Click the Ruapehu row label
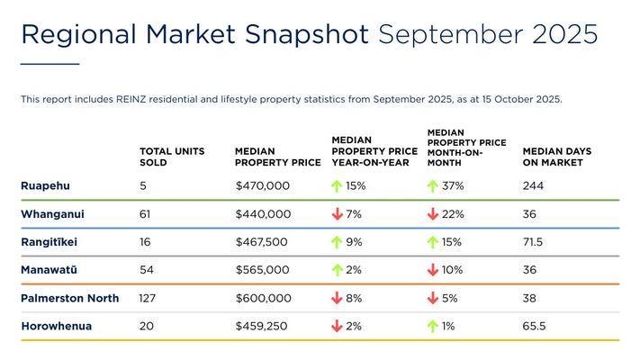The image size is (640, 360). coord(45,185)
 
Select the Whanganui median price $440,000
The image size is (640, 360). coord(262,214)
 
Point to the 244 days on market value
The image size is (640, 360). coord(534,186)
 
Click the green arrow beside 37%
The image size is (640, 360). coord(433,186)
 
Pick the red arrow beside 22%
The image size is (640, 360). coord(433,214)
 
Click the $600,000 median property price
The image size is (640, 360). coord(262,298)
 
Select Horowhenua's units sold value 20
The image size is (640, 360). coord(147,325)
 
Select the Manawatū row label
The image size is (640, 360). coord(50,269)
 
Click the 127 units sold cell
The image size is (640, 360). coord(149,298)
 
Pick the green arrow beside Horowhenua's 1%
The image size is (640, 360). coord(433,325)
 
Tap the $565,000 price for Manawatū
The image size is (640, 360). coord(262,270)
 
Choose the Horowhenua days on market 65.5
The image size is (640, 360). coord(536,325)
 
